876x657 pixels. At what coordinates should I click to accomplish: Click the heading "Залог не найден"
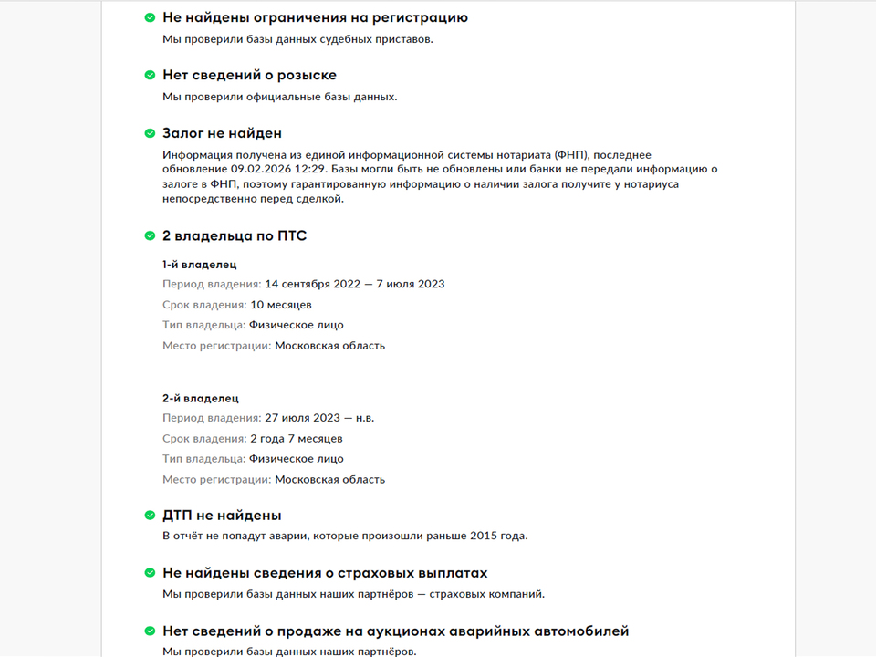click(x=222, y=133)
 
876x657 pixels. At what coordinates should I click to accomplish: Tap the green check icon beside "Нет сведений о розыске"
click(x=150, y=75)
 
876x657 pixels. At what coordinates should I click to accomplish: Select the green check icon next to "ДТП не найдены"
click(x=150, y=516)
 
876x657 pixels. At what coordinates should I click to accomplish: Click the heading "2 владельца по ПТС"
click(x=235, y=236)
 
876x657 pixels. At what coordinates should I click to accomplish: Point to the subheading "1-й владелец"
click(x=200, y=265)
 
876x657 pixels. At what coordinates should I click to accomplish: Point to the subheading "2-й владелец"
click(x=201, y=399)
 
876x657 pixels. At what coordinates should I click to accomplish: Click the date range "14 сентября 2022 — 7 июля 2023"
click(x=355, y=284)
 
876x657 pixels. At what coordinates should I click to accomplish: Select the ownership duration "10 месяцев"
click(x=281, y=305)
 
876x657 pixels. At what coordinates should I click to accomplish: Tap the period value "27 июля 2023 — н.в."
click(x=319, y=418)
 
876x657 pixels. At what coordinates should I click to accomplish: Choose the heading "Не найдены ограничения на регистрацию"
click(x=315, y=17)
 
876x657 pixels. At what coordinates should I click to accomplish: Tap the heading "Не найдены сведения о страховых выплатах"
click(x=325, y=573)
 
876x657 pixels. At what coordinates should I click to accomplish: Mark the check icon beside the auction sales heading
click(x=150, y=631)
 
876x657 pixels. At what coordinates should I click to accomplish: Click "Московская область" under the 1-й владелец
click(x=329, y=346)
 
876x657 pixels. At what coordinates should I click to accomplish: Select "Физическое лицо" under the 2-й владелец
click(x=297, y=459)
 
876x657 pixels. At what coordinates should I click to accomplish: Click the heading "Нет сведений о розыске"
click(x=249, y=75)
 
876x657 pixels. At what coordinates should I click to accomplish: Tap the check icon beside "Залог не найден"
click(x=150, y=133)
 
